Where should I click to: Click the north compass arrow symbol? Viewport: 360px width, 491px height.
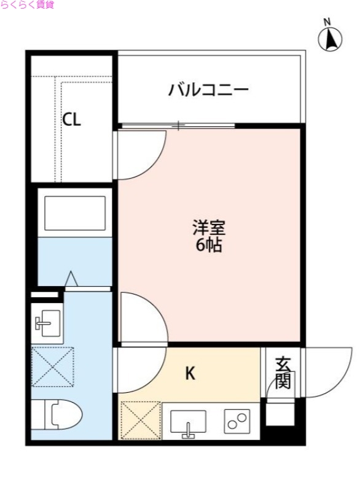click(331, 40)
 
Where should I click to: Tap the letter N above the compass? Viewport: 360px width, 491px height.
click(327, 23)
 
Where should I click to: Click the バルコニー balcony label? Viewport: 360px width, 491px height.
click(209, 91)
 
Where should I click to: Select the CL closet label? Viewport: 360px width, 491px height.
click(71, 120)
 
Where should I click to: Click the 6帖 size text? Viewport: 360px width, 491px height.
click(209, 247)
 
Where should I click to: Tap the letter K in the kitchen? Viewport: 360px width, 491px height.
click(190, 373)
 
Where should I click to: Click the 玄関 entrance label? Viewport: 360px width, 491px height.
click(283, 373)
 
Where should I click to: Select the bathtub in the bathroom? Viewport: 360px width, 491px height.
click(74, 212)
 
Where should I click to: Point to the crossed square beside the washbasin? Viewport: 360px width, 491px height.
click(52, 367)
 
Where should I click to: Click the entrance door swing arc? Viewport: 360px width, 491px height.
click(323, 374)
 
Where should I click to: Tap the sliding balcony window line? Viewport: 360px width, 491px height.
click(178, 126)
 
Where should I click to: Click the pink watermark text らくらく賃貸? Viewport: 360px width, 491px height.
click(27, 5)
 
